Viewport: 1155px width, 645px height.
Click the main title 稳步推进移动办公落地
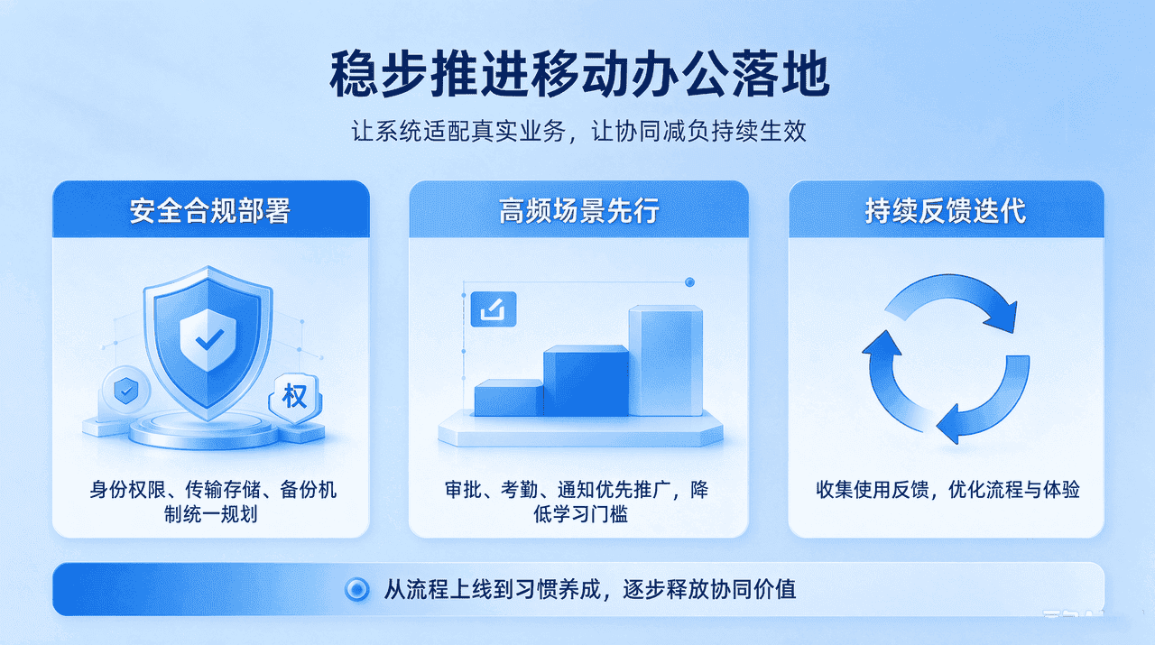[x=579, y=74]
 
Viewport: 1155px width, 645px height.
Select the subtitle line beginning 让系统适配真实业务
[x=578, y=131]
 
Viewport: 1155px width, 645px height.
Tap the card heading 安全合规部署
[x=210, y=210]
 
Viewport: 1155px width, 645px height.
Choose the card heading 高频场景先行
[x=579, y=210]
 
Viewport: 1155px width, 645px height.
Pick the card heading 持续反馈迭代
[x=946, y=210]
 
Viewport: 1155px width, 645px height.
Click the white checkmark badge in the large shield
[x=208, y=340]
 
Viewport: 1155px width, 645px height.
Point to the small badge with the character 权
[x=295, y=397]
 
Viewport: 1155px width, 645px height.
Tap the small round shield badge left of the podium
[x=125, y=391]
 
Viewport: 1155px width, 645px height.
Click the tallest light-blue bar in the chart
[x=666, y=361]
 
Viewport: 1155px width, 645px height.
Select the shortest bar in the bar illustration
[x=508, y=398]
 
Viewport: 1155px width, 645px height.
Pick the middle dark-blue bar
[x=587, y=381]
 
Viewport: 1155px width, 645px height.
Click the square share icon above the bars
[x=494, y=309]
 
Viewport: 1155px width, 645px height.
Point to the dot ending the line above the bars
[x=690, y=282]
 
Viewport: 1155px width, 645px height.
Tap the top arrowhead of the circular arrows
[x=1002, y=317]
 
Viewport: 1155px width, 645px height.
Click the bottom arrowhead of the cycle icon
[x=950, y=424]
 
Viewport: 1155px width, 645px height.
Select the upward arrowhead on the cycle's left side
[x=882, y=343]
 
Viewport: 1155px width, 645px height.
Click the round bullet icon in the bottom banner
[x=356, y=589]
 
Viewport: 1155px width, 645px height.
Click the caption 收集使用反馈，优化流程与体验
[x=947, y=489]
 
